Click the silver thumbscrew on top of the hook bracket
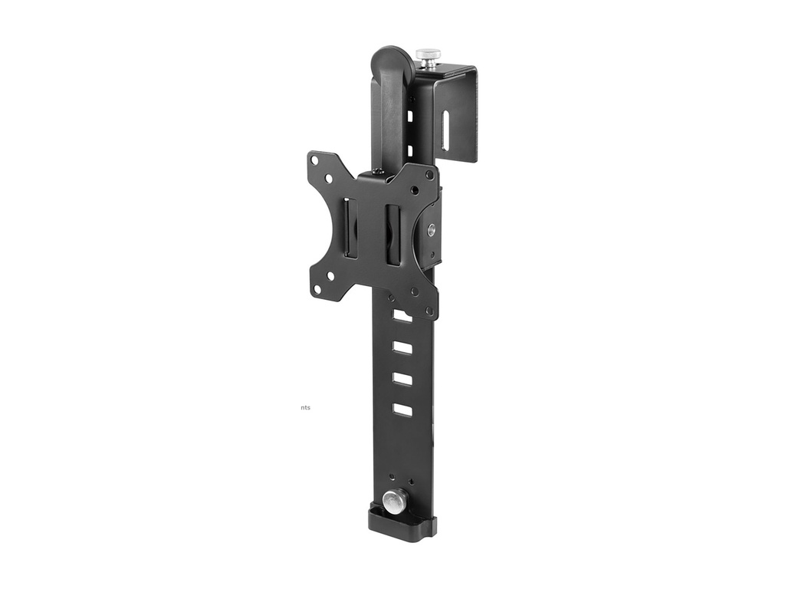(x=428, y=56)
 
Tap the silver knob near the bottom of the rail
(x=396, y=500)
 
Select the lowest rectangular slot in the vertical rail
(x=402, y=410)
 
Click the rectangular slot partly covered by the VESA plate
(x=402, y=315)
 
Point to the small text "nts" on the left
(x=306, y=407)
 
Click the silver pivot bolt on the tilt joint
(x=432, y=229)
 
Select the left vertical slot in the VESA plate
(x=350, y=228)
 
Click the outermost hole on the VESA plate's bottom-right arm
(x=429, y=311)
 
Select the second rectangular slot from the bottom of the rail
(x=402, y=379)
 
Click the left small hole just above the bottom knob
(x=392, y=476)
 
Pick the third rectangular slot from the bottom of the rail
(x=402, y=347)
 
